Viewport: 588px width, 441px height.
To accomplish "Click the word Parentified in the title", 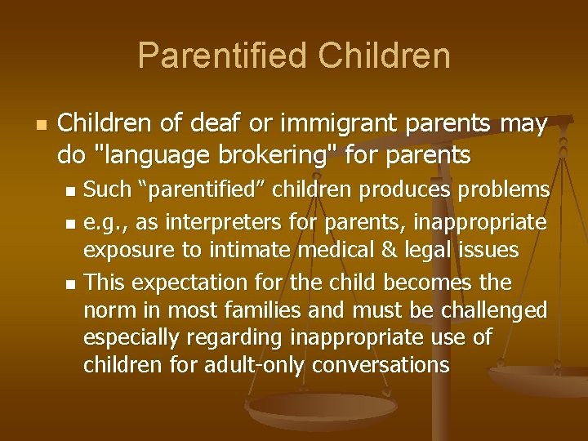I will tap(223, 56).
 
